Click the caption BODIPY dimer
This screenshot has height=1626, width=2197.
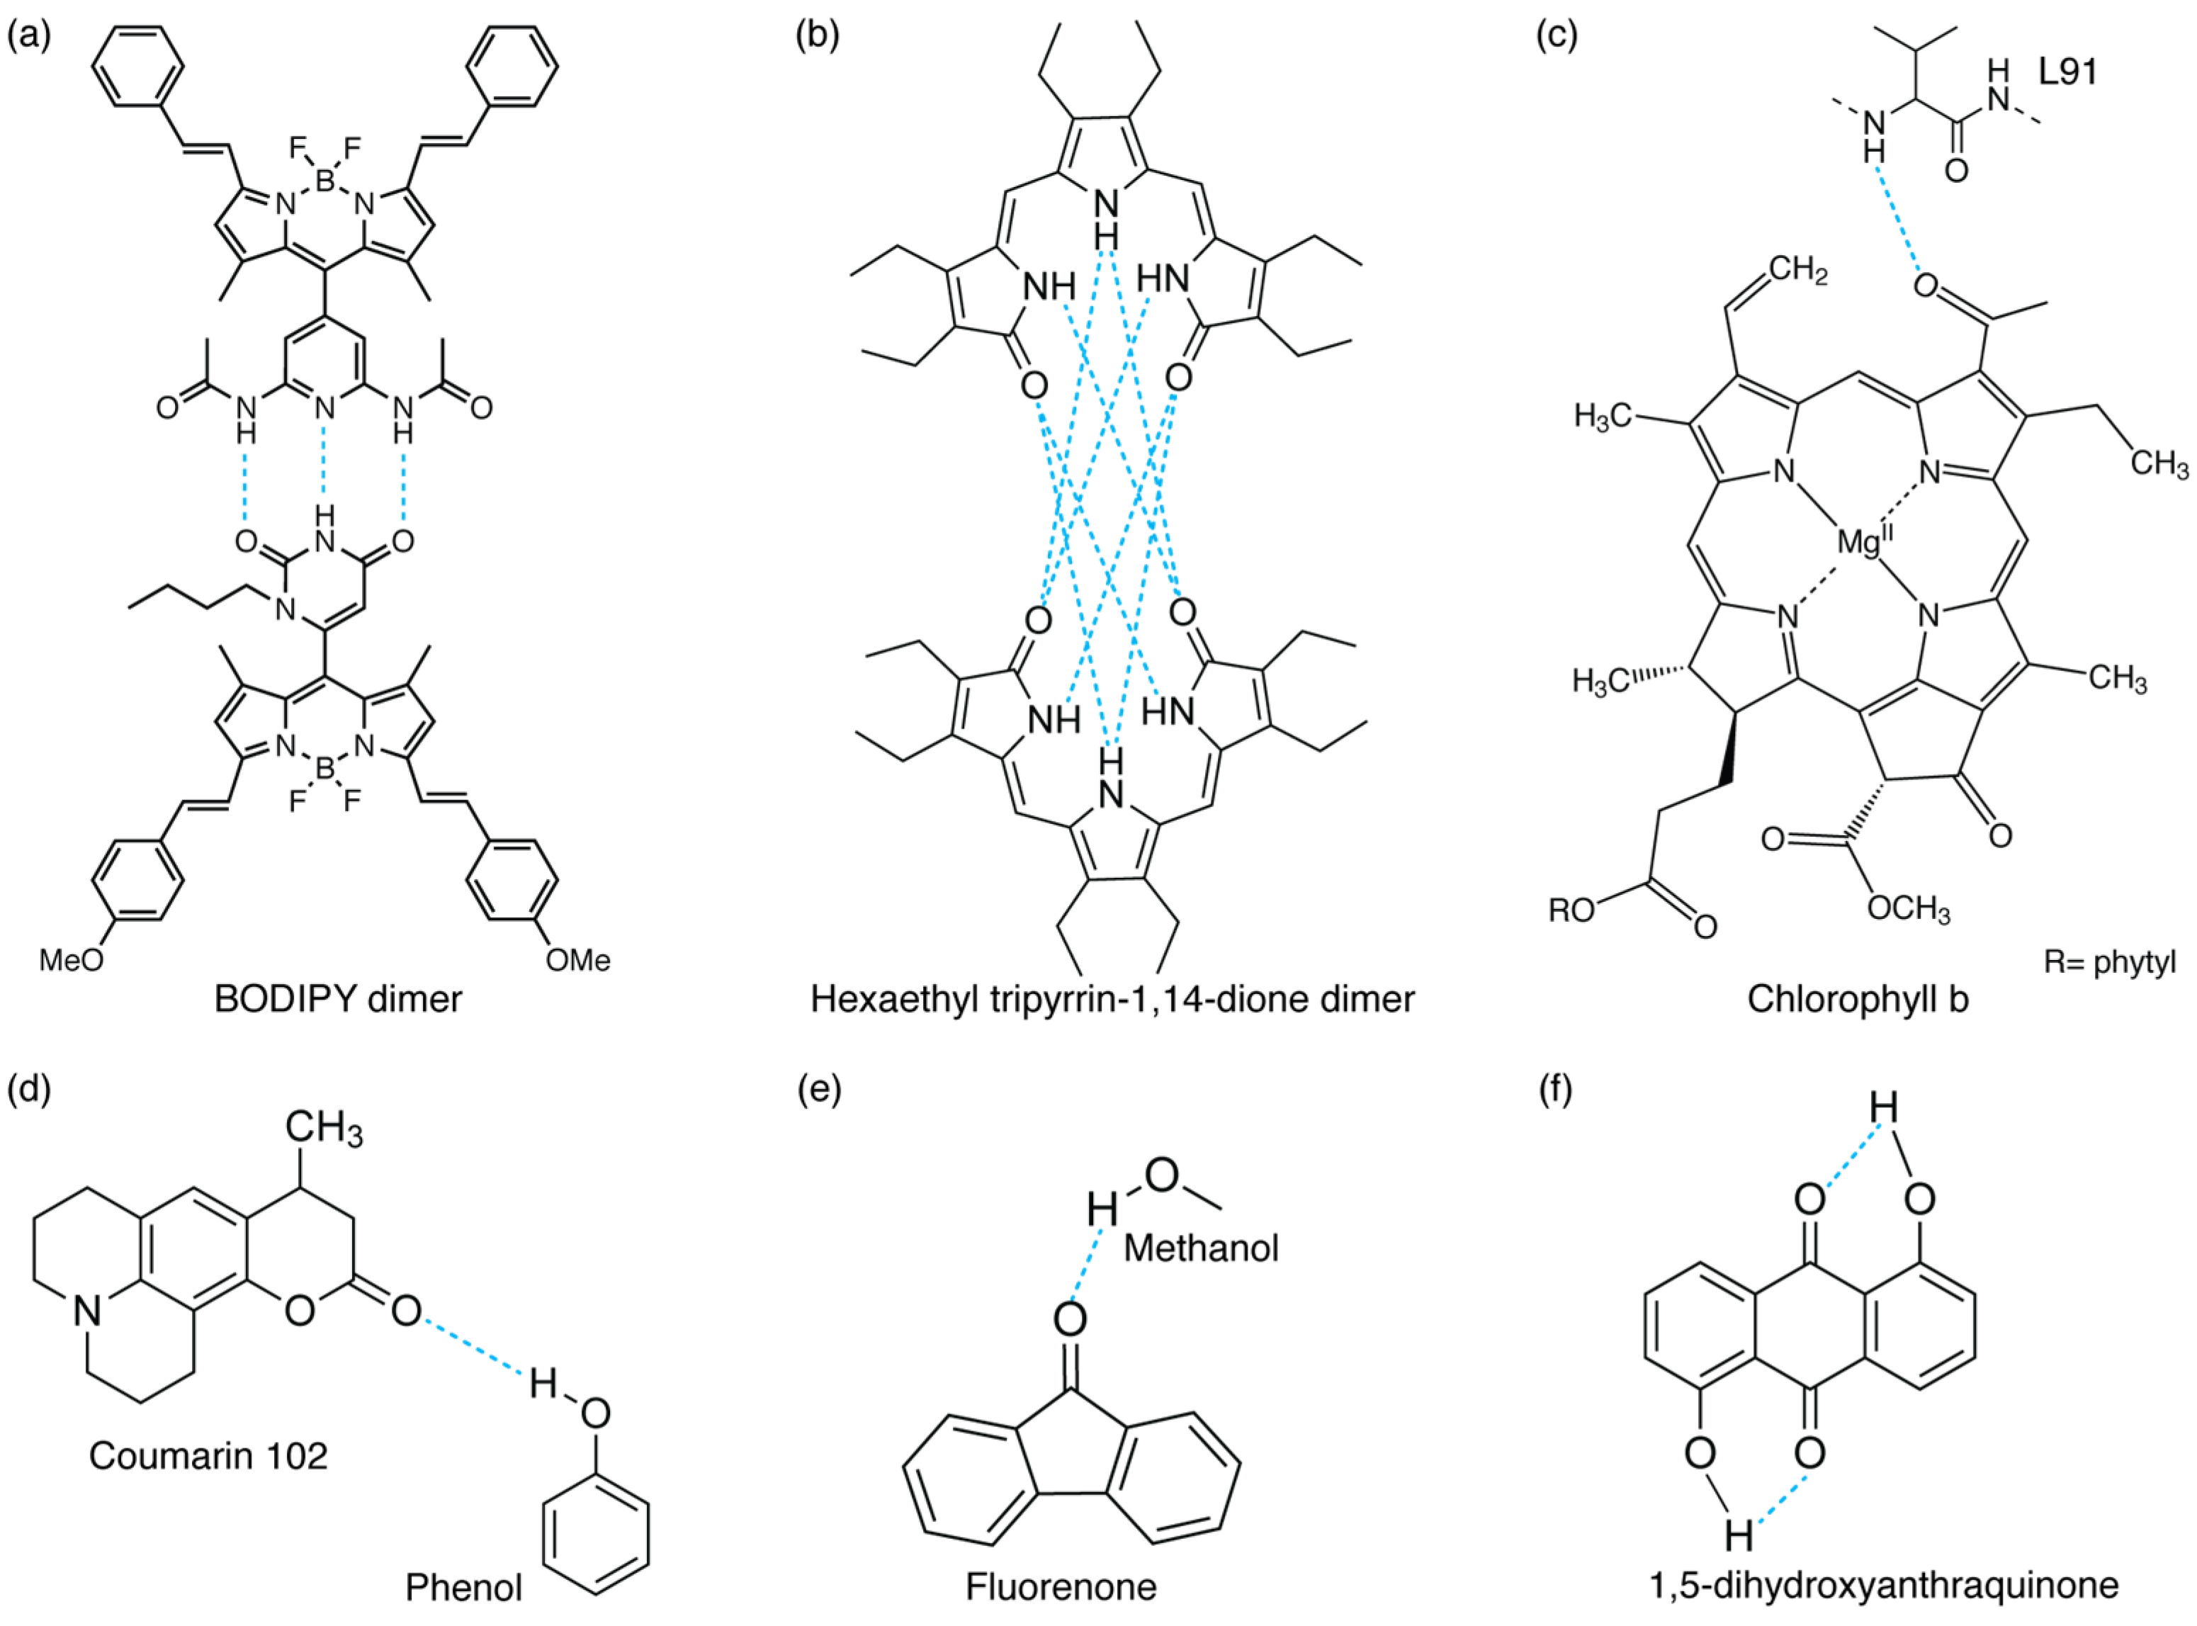coord(338,999)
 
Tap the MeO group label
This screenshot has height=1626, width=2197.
coord(71,959)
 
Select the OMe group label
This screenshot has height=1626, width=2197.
coord(579,959)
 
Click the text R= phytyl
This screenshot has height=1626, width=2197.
coord(2109,961)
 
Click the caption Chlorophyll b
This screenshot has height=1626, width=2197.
coord(1858,999)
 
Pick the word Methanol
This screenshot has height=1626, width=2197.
coord(1201,1249)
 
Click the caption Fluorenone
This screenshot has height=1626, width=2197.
coord(1061,1586)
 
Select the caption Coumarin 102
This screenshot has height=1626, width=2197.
coord(209,1456)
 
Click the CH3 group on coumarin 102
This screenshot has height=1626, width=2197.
coord(323,1128)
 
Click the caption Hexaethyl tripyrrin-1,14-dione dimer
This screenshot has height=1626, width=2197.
coord(1112,999)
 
